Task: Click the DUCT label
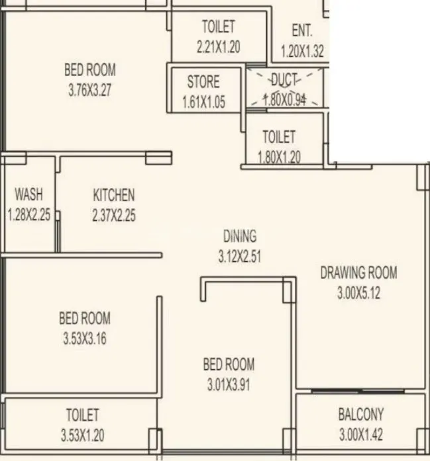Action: [x=285, y=80]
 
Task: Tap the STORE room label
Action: [x=203, y=83]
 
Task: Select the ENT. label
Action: [x=301, y=31]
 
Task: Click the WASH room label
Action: [x=28, y=194]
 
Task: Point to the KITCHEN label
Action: [x=114, y=195]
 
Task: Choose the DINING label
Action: [x=239, y=236]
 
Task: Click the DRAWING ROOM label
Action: [x=358, y=272]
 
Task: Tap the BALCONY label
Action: [x=360, y=415]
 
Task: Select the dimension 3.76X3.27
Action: [x=89, y=90]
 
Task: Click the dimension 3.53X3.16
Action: [x=84, y=339]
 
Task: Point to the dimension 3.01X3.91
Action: [x=229, y=384]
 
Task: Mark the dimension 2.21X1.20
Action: [x=218, y=47]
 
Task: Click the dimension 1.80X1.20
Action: [x=279, y=157]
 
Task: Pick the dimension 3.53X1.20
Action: [x=82, y=435]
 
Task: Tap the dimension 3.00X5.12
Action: [x=358, y=292]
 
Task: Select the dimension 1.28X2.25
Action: [x=28, y=215]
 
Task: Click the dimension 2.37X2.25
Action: [x=114, y=215]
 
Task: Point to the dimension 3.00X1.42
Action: [x=360, y=435]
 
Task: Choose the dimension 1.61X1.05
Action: [x=203, y=103]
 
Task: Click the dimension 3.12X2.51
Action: [x=239, y=256]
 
